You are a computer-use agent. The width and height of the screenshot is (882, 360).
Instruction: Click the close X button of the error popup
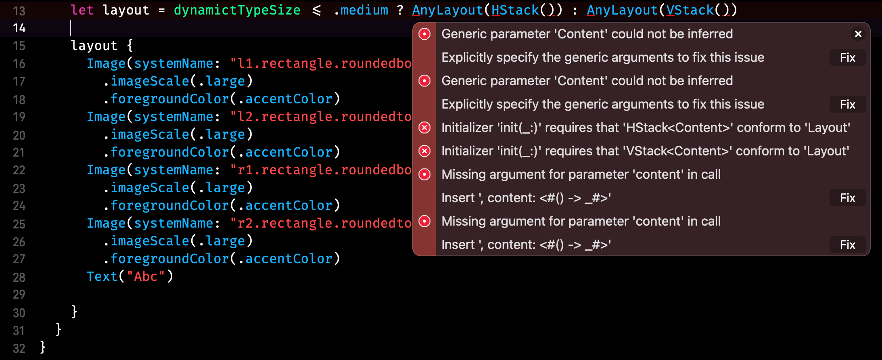click(858, 34)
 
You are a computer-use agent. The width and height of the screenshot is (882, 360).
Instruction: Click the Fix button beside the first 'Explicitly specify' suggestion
click(847, 58)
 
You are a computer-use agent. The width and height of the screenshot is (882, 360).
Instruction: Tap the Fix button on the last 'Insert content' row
click(847, 245)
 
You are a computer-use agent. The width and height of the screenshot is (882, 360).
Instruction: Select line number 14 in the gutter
click(19, 28)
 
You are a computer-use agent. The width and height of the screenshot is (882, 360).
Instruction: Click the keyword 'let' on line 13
click(82, 10)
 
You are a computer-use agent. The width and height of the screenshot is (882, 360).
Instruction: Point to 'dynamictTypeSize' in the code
click(237, 10)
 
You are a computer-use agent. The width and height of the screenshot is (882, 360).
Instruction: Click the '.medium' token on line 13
click(361, 10)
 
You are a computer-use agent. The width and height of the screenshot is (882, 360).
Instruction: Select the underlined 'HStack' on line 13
click(515, 10)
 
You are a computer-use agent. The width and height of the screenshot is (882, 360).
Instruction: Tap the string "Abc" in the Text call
click(146, 276)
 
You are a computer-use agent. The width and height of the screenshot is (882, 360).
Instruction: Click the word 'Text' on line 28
click(102, 276)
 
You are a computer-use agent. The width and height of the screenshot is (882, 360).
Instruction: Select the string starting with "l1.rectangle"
click(321, 63)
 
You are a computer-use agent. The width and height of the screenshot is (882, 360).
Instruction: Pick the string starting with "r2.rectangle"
click(321, 223)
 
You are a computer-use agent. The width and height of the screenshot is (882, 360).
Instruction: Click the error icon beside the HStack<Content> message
click(424, 128)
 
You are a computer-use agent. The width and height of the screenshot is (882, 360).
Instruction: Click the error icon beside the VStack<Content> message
click(424, 151)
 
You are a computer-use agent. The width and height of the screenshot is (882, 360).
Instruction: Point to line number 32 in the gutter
click(19, 348)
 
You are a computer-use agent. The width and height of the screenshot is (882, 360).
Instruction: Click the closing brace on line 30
click(74, 312)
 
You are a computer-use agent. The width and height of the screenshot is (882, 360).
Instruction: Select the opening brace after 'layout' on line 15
click(130, 46)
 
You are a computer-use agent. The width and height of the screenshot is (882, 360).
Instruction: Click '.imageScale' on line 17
click(146, 81)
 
